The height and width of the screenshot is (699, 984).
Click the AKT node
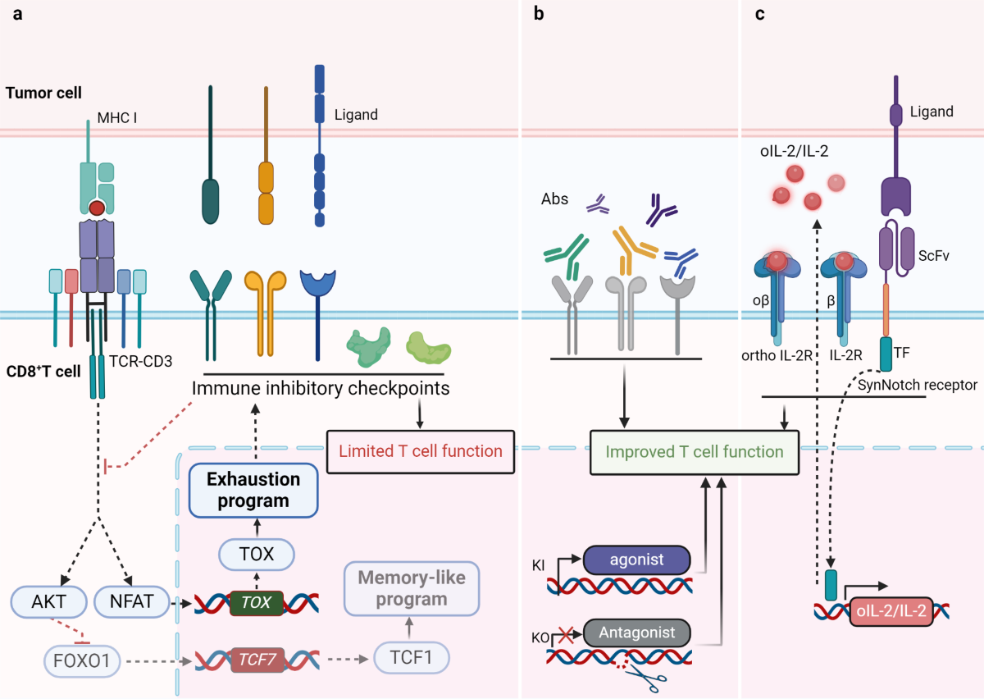pos(50,602)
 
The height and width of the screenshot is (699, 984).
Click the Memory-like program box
pos(411,588)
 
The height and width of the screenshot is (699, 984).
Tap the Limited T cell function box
pos(420,450)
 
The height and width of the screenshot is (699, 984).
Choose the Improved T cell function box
pos(694,452)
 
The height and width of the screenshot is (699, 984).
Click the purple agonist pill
pos(637,562)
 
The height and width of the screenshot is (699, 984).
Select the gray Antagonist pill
pos(637,633)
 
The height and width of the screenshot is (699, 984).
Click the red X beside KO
pos(563,633)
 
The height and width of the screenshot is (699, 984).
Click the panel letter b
pos(539,15)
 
